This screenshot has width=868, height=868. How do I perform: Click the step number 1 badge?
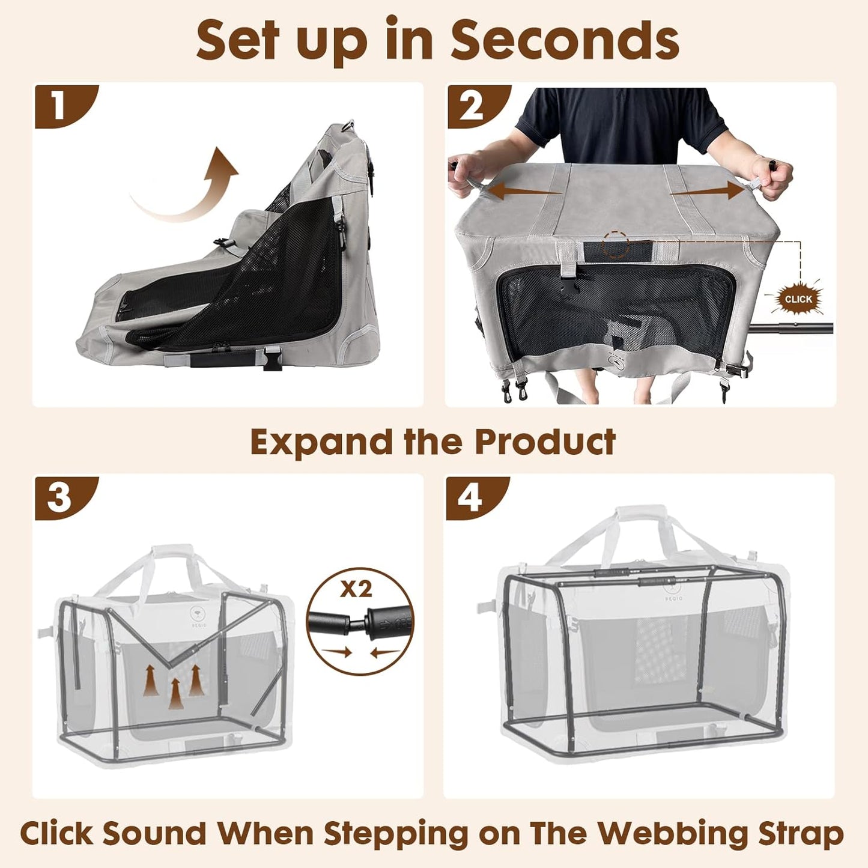tap(59, 106)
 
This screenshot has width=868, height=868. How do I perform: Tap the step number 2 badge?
tap(471, 106)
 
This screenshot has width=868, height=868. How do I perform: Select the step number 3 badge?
tap(59, 497)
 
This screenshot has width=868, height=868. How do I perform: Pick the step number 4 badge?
tap(470, 497)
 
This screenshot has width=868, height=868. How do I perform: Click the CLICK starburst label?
tap(798, 299)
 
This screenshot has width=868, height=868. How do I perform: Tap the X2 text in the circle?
tap(356, 589)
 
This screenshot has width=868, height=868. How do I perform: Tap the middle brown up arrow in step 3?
tap(175, 692)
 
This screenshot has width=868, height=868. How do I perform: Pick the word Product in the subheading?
tap(545, 443)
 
